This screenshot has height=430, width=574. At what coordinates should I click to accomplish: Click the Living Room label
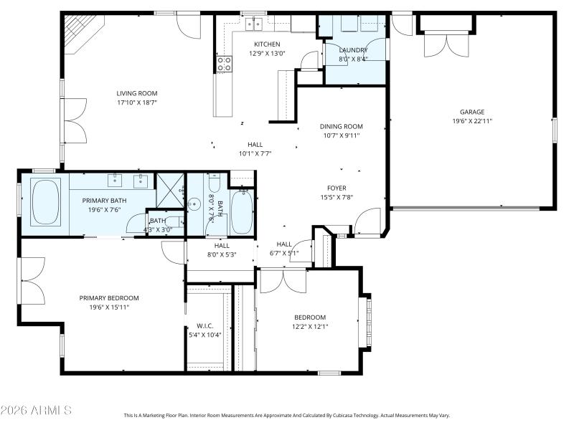coord(137,93)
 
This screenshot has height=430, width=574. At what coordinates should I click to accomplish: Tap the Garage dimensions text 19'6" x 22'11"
coord(472,121)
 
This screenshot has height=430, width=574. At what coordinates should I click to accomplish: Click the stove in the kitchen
coord(224,64)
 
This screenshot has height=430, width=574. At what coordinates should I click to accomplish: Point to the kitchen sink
coord(253,24)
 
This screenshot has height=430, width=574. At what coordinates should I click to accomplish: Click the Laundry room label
coord(352,49)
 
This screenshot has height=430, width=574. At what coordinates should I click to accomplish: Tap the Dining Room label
coord(342,126)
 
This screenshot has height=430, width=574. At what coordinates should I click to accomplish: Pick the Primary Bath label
coord(104,201)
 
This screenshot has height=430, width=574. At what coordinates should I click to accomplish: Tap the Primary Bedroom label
coord(109,297)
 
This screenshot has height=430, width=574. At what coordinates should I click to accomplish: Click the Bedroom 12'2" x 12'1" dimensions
coord(310,327)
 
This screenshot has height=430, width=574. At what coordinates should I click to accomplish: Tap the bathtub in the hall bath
coord(242,211)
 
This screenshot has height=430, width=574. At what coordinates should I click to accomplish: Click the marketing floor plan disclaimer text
coord(287,415)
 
